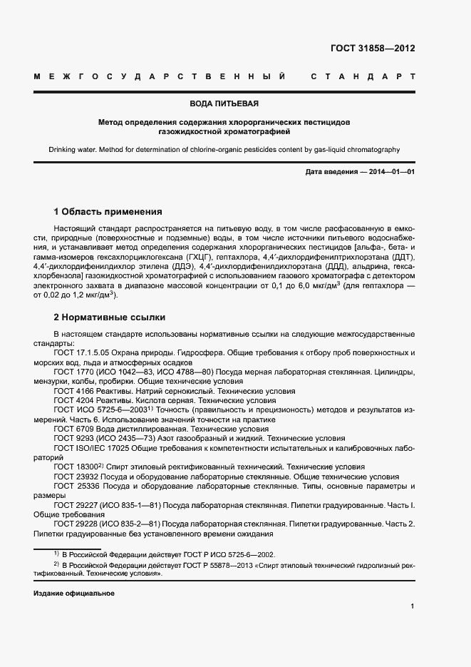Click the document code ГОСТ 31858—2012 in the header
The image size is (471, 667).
(373, 49)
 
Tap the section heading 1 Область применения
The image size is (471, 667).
(108, 212)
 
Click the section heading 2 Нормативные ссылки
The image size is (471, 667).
(110, 317)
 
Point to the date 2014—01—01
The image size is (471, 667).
(388, 173)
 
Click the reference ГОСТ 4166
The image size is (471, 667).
(74, 391)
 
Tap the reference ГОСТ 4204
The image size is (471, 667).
(74, 400)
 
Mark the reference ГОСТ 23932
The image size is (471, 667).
(76, 476)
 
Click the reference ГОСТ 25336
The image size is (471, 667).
(76, 486)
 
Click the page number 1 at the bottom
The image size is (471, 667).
(413, 606)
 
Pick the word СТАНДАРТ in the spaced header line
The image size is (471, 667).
(363, 76)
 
